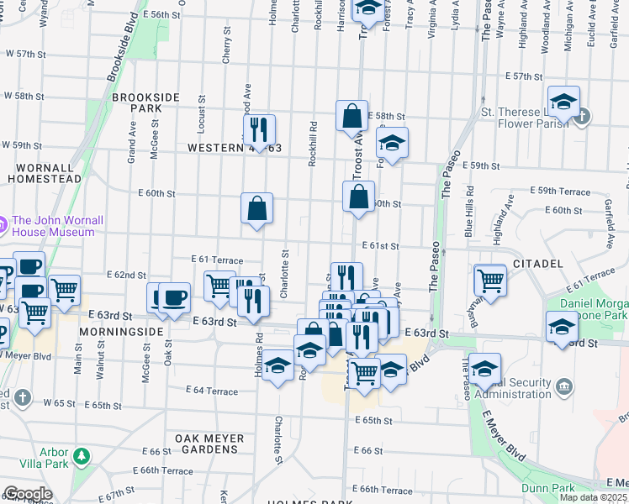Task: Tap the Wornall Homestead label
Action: [45, 172]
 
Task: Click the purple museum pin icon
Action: [3, 224]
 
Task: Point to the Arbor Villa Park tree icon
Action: [81, 456]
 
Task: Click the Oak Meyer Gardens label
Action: [209, 444]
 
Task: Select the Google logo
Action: [28, 494]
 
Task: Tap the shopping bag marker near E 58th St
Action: [351, 116]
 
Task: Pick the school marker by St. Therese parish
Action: [564, 102]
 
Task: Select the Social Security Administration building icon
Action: [565, 387]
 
